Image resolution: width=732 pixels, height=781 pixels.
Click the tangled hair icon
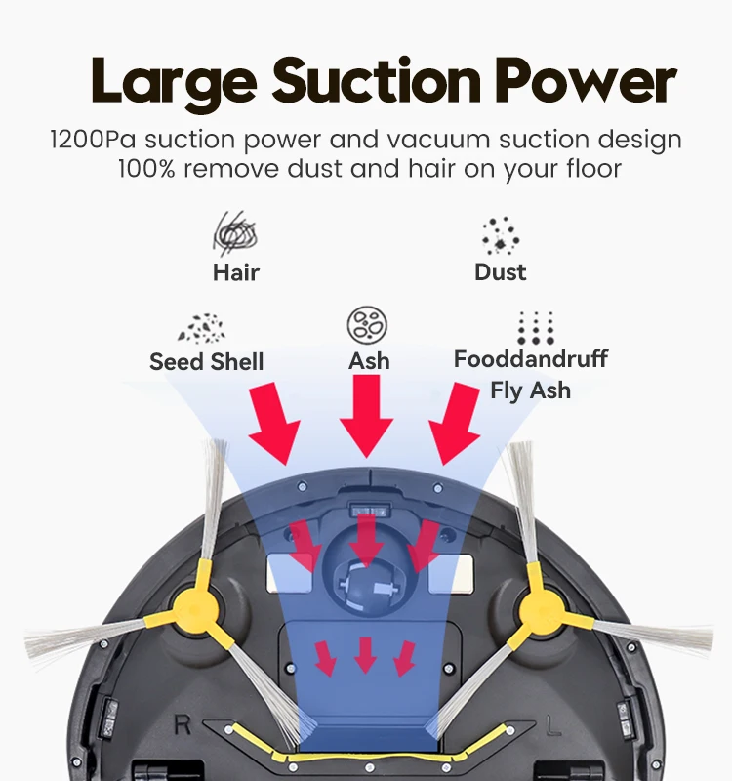235,234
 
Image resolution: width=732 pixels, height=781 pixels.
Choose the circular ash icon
369,324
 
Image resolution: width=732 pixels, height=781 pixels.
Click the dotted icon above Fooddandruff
535,327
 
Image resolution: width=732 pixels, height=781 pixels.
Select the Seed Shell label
207,362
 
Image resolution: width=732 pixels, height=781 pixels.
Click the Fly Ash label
530,391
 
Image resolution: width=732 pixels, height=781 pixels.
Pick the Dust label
500,272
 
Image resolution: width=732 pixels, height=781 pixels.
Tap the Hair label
236,272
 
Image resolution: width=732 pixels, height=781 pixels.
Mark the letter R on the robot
182,725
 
